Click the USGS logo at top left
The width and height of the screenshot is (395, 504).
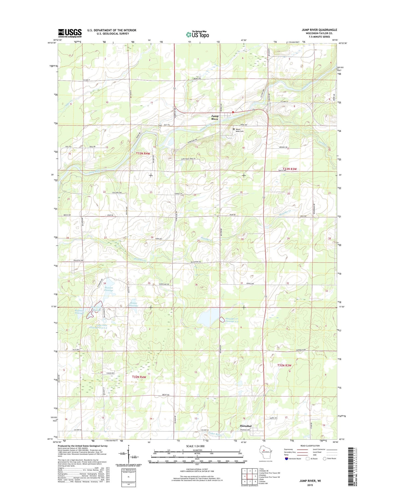pos(70,33)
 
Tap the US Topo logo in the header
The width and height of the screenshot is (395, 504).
pos(197,34)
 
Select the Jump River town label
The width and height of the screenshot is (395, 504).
pos(215,118)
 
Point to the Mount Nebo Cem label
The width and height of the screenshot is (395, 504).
pos(240,130)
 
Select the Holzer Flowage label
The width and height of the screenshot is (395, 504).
pos(134,304)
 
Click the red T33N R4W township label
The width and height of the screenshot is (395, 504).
pos(143,154)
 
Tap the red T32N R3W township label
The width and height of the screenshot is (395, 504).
pos(284,365)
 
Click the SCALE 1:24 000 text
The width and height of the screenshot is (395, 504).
pos(195,446)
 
